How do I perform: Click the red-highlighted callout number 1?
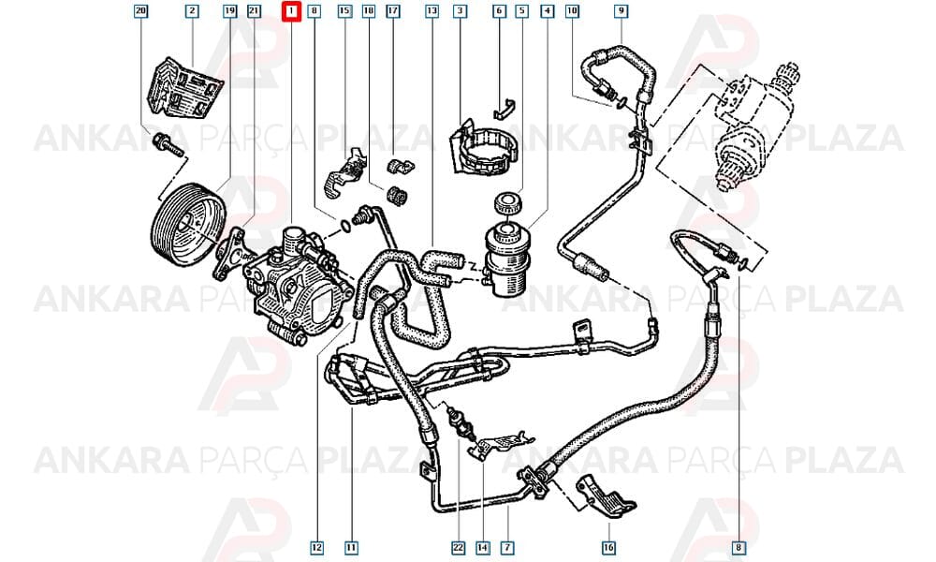(291, 11)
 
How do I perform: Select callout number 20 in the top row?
(140, 10)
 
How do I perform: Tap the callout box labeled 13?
(431, 10)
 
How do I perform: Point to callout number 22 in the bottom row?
(458, 547)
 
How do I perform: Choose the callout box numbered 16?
(608, 547)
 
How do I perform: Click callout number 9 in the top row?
(621, 10)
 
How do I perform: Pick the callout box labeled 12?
(317, 547)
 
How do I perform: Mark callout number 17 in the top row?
(393, 10)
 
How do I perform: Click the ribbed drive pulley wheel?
(186, 222)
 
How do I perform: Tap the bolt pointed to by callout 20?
(168, 144)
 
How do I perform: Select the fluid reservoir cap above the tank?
(508, 202)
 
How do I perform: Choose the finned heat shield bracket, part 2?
(185, 87)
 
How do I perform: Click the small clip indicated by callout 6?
(505, 109)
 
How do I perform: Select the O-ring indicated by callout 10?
(622, 102)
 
